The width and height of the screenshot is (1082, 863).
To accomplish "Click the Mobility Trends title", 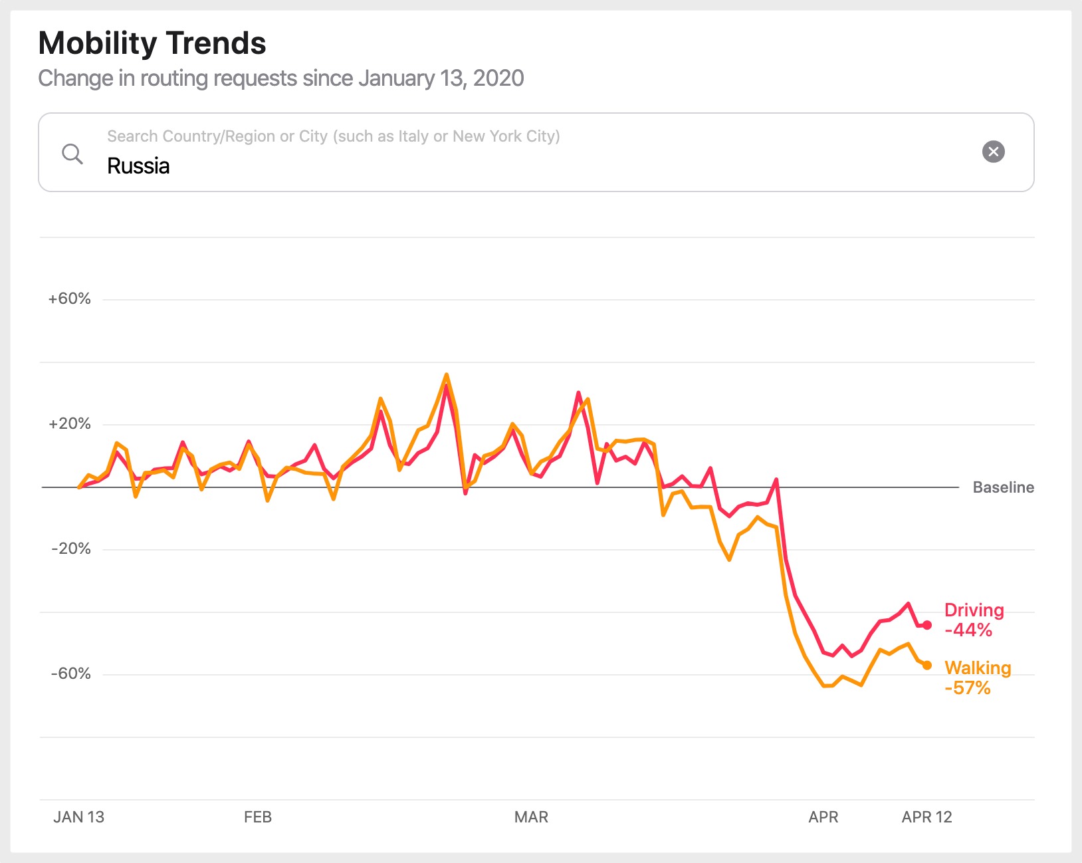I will pos(152,44).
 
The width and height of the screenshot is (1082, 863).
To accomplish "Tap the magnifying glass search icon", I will pos(72,154).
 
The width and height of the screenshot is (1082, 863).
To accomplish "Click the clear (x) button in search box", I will pos(993,152).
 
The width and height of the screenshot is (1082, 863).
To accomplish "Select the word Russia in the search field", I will pos(138,166).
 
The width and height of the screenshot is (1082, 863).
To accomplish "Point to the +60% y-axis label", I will pos(69,299).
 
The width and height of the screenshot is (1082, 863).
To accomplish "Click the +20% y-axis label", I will pos(69,424).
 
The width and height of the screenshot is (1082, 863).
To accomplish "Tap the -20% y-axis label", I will pos(70,549).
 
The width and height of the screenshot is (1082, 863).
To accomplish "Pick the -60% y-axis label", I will pos(70,674).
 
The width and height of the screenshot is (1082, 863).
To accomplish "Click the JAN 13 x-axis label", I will pos(78,817).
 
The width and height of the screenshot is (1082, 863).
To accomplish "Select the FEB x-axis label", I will pos(258,817).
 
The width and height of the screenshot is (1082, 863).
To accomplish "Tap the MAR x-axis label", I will pos(531,817).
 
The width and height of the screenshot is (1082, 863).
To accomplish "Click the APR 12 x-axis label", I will pos(926,817).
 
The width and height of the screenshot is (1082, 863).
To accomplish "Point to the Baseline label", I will pos(1003,487).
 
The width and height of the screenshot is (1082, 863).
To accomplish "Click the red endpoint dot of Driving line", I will pos(927,625).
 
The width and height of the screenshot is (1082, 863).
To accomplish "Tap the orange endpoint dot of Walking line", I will pos(927,665).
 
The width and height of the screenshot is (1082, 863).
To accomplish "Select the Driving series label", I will pos(974,610).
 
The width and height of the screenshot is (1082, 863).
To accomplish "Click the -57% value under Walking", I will pos(967,688).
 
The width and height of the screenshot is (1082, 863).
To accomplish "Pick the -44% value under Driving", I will pos(968,630).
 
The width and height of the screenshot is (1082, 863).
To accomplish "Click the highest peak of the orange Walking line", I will pos(447,375).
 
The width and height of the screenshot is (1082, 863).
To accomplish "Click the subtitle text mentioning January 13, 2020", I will pos(280,78).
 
